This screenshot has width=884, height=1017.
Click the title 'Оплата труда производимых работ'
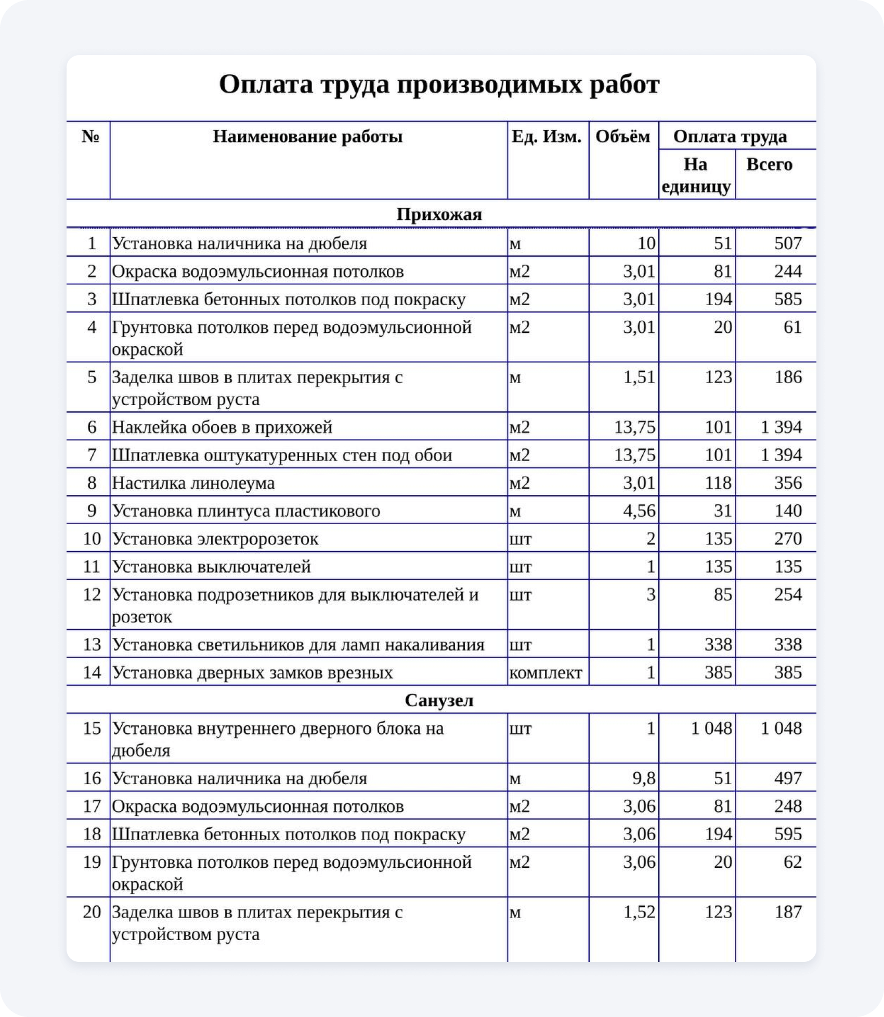click(x=439, y=84)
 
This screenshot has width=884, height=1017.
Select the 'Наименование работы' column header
click(x=307, y=137)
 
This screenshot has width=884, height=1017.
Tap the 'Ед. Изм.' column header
click(x=547, y=137)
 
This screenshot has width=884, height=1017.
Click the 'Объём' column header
click(x=622, y=137)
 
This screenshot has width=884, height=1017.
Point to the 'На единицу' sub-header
click(x=696, y=175)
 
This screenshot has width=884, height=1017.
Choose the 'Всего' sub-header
click(x=769, y=164)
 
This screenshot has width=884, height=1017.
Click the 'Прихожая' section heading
click(x=439, y=214)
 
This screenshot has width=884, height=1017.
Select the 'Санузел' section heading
click(x=439, y=700)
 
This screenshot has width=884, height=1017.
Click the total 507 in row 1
click(x=788, y=243)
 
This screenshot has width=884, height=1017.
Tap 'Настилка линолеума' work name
click(x=193, y=483)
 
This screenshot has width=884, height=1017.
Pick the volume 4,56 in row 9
click(x=639, y=511)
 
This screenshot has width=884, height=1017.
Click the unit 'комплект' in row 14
click(x=545, y=673)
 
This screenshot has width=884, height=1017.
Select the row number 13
click(x=92, y=645)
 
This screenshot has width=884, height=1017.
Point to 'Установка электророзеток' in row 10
click(x=215, y=539)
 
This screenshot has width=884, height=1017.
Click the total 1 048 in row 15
click(x=781, y=728)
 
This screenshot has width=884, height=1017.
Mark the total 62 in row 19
click(x=792, y=862)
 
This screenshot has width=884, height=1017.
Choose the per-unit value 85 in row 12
click(x=723, y=595)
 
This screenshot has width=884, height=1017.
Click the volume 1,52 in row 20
click(x=639, y=912)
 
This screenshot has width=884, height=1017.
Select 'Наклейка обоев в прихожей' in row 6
click(x=222, y=427)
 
